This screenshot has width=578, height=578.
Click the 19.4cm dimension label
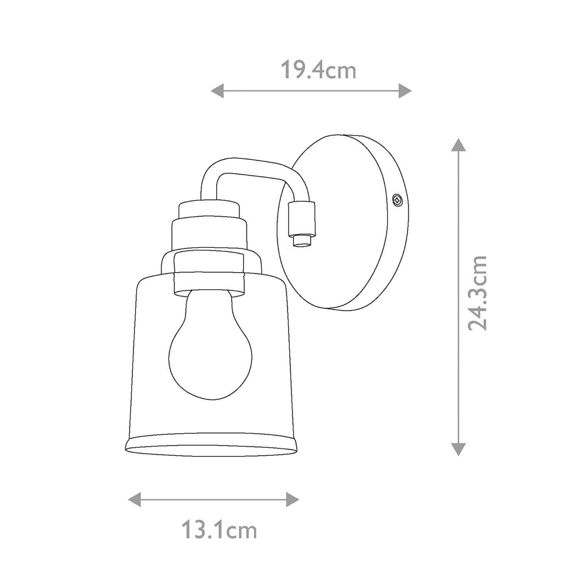tap(318, 71)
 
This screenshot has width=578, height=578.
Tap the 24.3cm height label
tap(478, 293)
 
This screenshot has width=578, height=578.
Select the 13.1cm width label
tap(219, 531)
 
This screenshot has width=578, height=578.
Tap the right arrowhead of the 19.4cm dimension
tap(405, 91)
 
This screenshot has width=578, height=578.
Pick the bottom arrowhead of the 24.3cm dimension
tap(458, 449)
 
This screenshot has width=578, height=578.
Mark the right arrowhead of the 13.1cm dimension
tap(292, 500)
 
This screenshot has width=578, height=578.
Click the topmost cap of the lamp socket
tap(208, 209)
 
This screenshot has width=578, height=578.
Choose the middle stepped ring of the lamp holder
tap(208, 234)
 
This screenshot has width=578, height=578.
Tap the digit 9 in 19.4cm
tap(297, 71)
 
